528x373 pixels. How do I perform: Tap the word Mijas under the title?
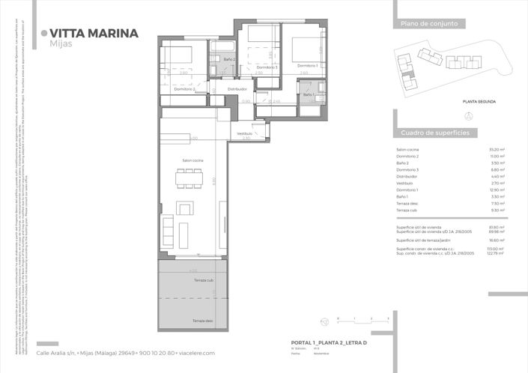coord(60,44)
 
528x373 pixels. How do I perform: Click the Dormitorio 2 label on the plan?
coord(184,89)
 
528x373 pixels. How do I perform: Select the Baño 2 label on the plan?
coord(229,59)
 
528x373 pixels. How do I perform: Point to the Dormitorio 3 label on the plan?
coord(267,67)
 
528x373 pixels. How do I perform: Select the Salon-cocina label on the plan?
coord(193,161)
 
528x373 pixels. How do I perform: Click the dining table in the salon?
coord(189,179)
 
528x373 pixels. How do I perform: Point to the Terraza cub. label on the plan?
coord(204,279)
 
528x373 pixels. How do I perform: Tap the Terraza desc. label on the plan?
coord(203,321)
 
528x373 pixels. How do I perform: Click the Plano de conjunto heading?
coord(424,24)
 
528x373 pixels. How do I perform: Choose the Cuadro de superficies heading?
coord(434,132)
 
